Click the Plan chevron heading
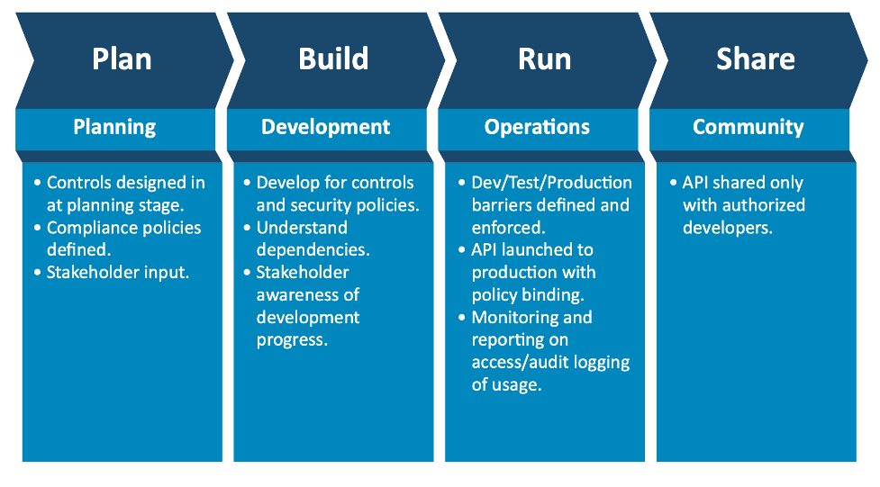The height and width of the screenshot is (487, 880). coord(122,59)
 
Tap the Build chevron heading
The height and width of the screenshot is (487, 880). coord(333,59)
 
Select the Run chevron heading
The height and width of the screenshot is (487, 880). coord(544,59)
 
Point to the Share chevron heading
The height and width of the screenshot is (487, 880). coord(756,59)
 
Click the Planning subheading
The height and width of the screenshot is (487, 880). coord(114,127)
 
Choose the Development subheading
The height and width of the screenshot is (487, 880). coord(325,127)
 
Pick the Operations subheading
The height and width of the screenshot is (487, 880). coord(537,127)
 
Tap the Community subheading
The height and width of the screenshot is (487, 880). coord(748,127)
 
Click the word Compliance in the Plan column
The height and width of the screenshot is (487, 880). coord(86,228)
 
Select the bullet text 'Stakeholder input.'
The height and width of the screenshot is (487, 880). coord(118,273)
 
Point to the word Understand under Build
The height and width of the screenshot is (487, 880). coord(302,228)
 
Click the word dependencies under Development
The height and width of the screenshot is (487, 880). coord(313,250)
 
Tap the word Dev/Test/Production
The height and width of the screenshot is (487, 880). coord(551,183)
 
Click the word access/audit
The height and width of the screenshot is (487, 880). coord(519,363)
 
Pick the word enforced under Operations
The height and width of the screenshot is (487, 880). coord(509,228)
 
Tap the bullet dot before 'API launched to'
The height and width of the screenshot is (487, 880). coord(462,249)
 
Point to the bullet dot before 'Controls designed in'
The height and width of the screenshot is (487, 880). coord(38,183)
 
